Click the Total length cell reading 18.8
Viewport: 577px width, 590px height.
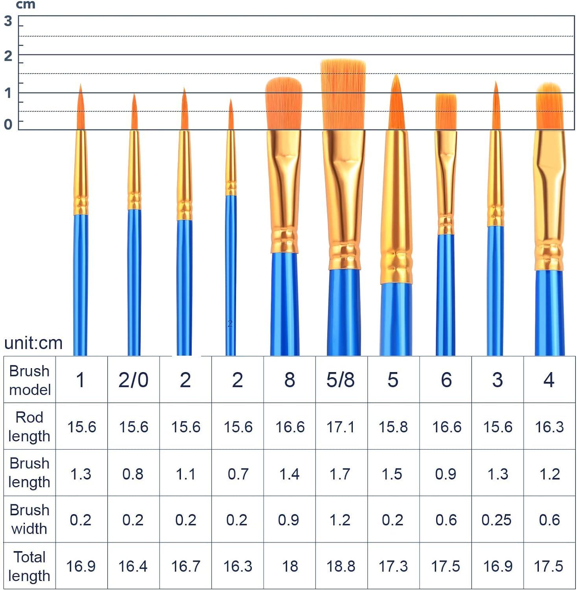341,566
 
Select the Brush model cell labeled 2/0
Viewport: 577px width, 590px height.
133,380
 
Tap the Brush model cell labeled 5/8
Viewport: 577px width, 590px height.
341,380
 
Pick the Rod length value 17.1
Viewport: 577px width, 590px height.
341,427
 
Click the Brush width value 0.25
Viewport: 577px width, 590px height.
496,520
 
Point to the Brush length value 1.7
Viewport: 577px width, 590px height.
340,474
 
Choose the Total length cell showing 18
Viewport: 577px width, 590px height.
290,566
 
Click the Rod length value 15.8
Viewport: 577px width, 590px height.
393,427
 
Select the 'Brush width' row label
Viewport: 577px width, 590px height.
29,519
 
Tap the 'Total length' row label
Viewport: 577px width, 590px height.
29,566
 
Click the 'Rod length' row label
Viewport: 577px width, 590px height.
29,427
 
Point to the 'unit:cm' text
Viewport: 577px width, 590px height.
33,343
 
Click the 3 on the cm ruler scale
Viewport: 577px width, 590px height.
8,21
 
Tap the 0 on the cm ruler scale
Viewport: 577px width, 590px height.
8,124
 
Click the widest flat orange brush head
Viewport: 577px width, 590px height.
343,94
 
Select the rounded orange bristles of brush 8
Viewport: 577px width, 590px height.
284,103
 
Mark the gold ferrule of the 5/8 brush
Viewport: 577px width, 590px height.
344,197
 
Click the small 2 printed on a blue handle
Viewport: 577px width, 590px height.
230,324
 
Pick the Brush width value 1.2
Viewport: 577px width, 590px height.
340,520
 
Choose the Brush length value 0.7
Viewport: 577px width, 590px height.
238,474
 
